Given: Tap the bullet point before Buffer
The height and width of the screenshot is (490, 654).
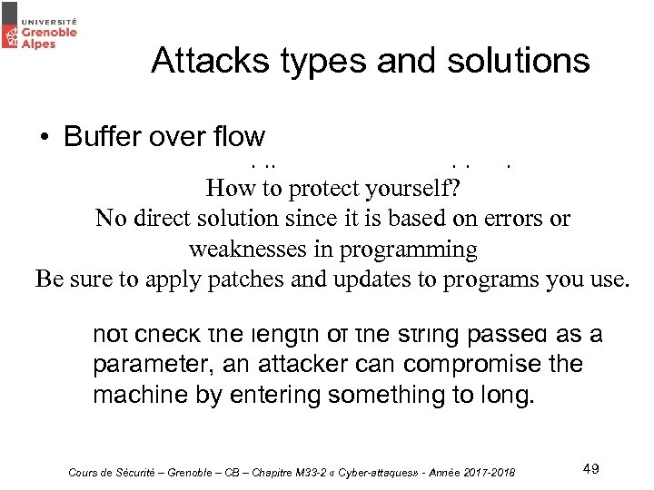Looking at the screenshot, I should [44, 137].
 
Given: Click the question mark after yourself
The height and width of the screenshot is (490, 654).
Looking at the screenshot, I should [471, 188].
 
